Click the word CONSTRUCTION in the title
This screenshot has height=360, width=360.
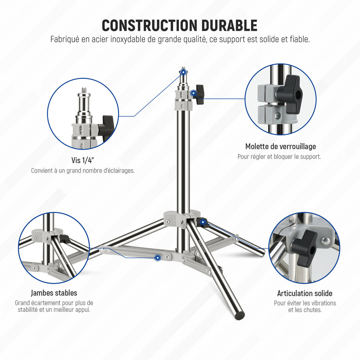pos(149,25)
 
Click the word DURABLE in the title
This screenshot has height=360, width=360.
pos(229,25)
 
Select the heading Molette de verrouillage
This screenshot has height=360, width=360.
pos(281,146)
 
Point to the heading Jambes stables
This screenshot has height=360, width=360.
pos(54,293)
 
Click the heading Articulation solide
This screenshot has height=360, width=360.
pos(305,293)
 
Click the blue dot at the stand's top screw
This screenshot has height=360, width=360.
pos(183,72)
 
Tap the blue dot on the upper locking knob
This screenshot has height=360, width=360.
pos(194,93)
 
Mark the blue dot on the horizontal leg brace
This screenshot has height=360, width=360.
pos(157,258)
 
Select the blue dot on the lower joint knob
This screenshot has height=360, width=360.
pos(203,222)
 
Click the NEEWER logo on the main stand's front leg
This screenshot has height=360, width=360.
pos(202,246)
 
